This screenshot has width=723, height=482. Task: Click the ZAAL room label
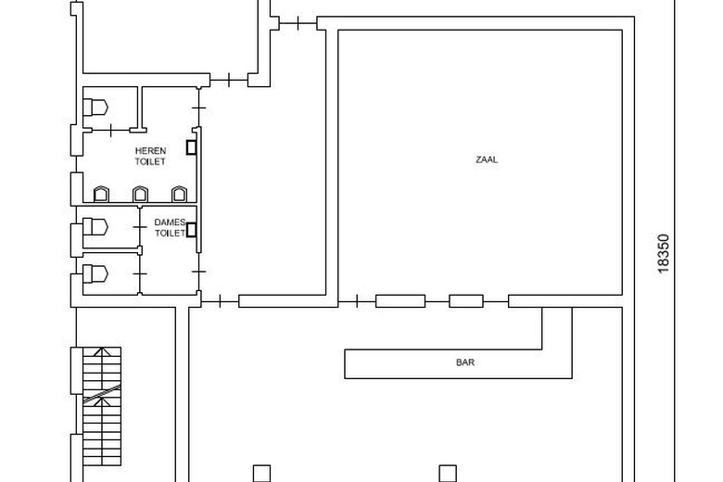[x=487, y=159]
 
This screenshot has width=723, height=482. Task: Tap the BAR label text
[x=465, y=362]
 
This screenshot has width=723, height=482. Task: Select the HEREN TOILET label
[x=150, y=156]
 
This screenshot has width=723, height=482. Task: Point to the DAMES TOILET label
[x=170, y=228]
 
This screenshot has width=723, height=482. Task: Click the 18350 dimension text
[x=663, y=254]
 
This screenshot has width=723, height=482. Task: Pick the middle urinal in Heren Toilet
[x=140, y=194]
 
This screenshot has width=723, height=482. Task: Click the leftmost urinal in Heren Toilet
[x=101, y=194]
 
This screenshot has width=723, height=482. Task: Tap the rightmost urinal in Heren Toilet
[x=180, y=194]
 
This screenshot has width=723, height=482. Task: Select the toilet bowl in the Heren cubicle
[x=95, y=108]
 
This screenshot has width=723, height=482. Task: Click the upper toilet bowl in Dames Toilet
[x=95, y=227]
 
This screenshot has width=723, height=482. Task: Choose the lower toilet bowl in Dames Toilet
[x=95, y=274]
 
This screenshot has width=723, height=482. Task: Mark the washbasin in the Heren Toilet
[x=191, y=147]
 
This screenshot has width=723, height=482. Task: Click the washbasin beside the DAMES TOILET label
[x=191, y=230]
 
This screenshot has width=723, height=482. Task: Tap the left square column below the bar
[x=262, y=474]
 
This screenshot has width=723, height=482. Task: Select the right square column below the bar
[x=448, y=474]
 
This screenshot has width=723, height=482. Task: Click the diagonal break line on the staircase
[x=102, y=394]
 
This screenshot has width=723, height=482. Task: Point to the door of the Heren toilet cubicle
[x=110, y=131]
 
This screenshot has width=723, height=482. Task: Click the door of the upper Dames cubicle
[x=140, y=227]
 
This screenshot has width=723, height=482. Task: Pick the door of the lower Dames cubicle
[x=140, y=274]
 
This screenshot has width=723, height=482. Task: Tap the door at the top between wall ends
[x=298, y=23]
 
